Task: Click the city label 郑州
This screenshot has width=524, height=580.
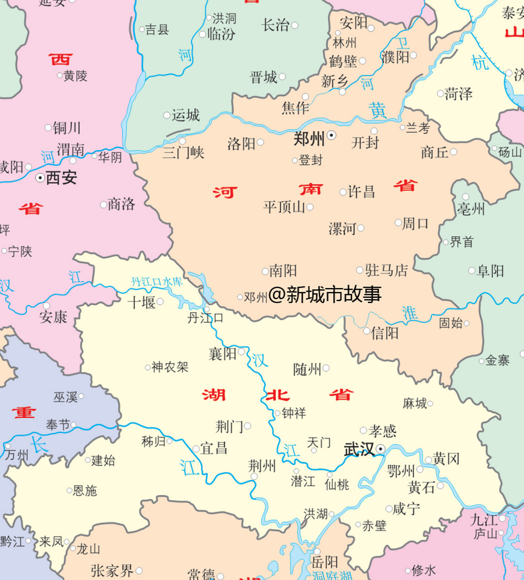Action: coord(309,139)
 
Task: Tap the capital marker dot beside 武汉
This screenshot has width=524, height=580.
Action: coord(381,449)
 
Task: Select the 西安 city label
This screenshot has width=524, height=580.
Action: coord(61,178)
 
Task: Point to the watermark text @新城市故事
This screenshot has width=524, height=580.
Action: coord(325,295)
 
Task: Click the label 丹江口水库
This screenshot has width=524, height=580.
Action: coord(157,282)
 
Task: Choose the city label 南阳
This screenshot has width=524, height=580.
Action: coord(283,271)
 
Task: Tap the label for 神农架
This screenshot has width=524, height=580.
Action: coord(170,367)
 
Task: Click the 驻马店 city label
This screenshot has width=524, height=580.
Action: coord(386,271)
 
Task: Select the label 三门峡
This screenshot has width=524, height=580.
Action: coord(183,153)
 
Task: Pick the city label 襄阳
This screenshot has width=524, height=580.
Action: coord(223,353)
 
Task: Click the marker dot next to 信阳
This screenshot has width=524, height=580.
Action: coord(366,331)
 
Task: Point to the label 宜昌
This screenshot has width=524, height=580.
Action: coord(213,449)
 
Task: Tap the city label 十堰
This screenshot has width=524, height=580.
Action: coord(141,302)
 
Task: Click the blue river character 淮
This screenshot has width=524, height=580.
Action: coord(409,313)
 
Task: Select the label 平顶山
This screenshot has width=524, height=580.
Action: coord(284,207)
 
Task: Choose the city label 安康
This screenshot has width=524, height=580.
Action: coord(53,317)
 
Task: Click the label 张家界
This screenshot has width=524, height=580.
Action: coord(112,570)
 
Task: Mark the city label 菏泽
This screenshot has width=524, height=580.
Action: coord(458,94)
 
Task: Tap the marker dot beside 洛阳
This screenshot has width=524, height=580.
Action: coord(261,142)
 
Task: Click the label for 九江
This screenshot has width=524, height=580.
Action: coord(484,520)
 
